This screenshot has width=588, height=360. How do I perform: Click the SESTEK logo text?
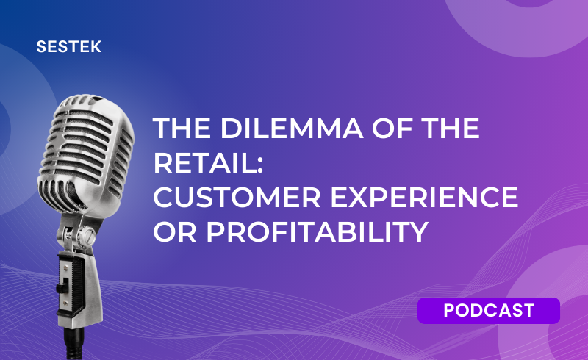coord(69,47)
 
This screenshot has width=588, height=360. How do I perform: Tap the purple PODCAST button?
coord(489,311)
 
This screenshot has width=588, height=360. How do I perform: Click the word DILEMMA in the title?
coord(291,129)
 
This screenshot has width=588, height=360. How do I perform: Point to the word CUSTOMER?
coord(237,197)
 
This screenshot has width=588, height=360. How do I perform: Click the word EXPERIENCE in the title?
coord(424,197)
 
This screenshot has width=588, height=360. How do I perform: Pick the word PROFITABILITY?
coord(318,231)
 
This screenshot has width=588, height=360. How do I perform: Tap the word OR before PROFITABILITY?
coord(175,231)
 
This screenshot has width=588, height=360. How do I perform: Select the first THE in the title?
coord(182,129)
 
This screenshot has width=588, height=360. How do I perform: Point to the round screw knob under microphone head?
coord(89,236)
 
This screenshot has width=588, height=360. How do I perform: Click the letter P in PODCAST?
coord(450,311)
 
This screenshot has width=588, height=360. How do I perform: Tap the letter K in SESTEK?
coord(96,47)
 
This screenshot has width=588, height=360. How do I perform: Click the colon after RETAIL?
coord(260,165)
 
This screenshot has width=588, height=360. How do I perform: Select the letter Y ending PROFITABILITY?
coord(418,231)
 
